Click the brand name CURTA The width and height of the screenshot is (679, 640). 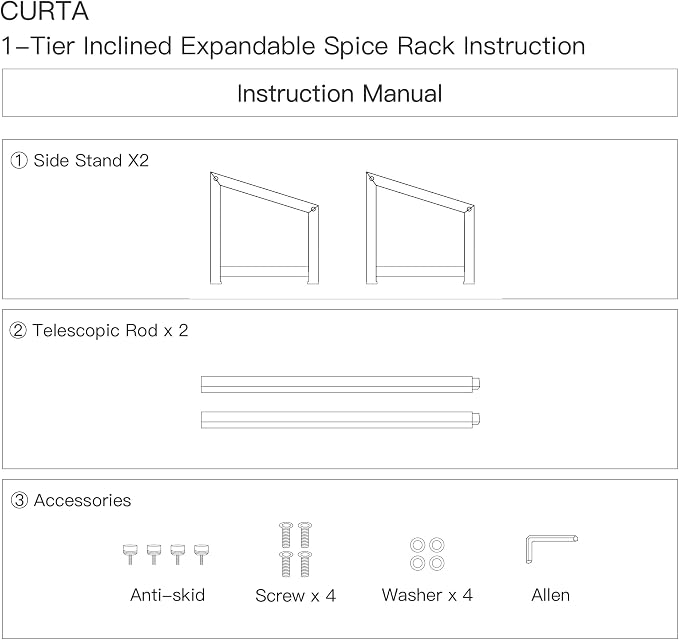[45, 11]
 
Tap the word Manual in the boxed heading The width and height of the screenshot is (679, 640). [402, 94]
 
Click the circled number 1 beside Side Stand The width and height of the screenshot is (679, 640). [19, 161]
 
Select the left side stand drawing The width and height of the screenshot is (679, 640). [264, 228]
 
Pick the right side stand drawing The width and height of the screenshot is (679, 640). [420, 228]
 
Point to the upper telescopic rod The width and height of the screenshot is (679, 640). [340, 384]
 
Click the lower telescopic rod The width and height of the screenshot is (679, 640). [340, 420]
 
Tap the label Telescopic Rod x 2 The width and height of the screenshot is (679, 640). [110, 330]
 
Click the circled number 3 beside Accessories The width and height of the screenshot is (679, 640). [19, 501]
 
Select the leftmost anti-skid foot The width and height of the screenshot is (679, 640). [130, 554]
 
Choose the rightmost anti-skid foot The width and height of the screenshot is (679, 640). [201, 554]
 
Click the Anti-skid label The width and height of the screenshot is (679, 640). [167, 595]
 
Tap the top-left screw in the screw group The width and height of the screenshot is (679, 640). [285, 535]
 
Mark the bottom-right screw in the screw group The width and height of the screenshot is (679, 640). [305, 564]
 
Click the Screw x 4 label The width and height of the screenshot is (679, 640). [295, 595]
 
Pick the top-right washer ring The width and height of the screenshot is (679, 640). [436, 545]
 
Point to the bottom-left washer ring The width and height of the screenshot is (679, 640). [418, 563]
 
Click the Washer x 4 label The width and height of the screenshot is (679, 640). [427, 595]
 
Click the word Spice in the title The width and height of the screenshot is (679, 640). [356, 46]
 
